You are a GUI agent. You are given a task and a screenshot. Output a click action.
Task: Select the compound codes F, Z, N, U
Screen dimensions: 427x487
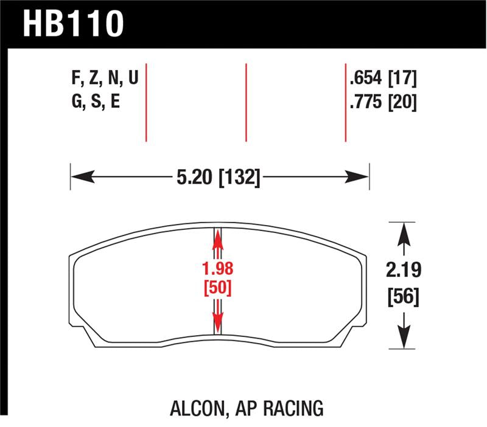pos(105,78)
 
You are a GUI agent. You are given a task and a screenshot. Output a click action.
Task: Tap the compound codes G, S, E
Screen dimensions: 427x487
pos(96,102)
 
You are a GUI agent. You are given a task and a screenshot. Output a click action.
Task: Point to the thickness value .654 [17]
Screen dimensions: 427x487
pos(383,78)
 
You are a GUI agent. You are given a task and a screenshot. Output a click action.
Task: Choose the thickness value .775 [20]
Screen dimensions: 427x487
pos(383,102)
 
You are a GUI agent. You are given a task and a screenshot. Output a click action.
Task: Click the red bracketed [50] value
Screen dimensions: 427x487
pos(218,286)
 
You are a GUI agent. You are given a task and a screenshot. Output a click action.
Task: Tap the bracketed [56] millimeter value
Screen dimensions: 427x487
pos(402,298)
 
